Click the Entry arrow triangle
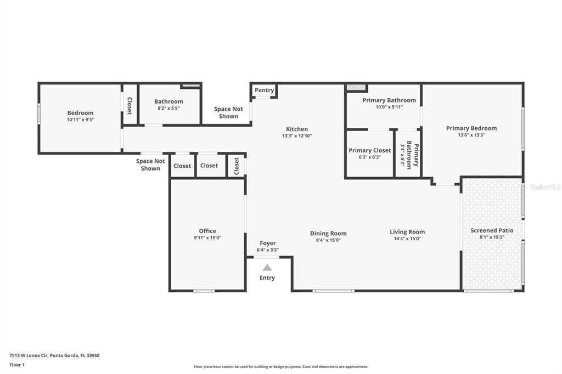(x=267, y=268)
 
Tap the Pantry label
(x=264, y=90)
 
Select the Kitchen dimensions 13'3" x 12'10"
(x=297, y=136)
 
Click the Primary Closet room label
(x=369, y=150)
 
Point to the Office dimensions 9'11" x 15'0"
(x=207, y=238)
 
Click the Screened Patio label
(x=492, y=230)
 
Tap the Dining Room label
(x=328, y=233)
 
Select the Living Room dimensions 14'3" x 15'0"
(x=407, y=239)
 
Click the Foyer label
(x=268, y=243)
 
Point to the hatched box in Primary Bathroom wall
(x=356, y=87)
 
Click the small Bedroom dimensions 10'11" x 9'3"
(x=80, y=120)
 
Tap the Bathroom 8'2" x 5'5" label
(x=168, y=101)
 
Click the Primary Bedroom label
(x=471, y=128)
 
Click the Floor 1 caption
(x=17, y=365)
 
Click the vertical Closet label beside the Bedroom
(x=130, y=105)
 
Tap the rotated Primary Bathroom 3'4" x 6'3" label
(x=409, y=155)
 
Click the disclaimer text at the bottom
(x=280, y=367)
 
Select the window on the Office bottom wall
(x=204, y=291)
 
